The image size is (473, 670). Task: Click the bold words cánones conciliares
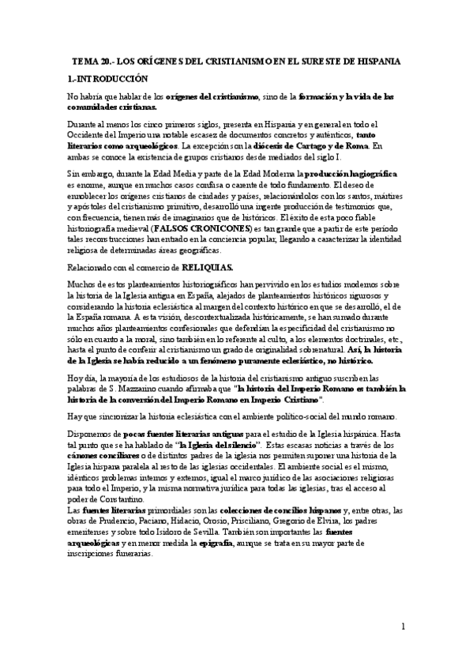click(x=102, y=457)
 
